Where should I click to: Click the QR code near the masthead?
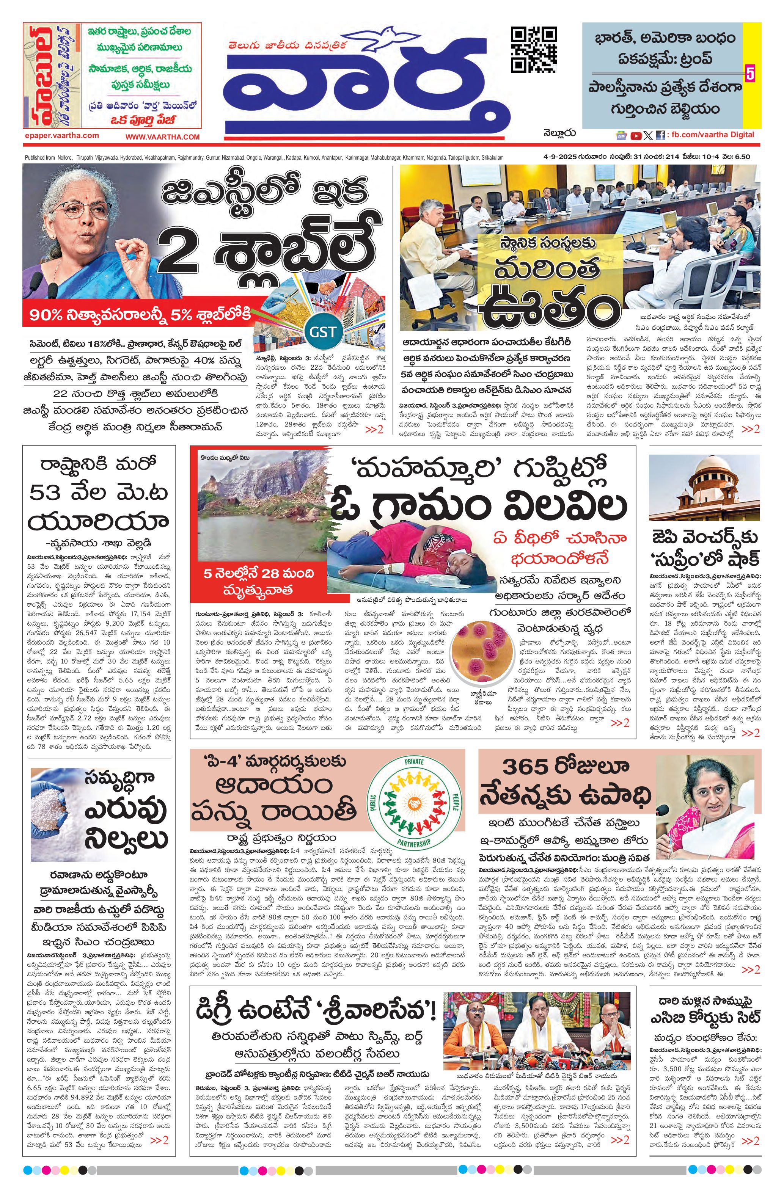pyautogui.click(x=534, y=49)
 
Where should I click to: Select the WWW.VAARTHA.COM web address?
pyautogui.click(x=162, y=136)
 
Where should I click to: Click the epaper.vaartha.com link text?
pyautogui.click(x=61, y=136)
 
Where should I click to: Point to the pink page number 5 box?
pyautogui.click(x=750, y=73)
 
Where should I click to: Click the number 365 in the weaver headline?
pyautogui.click(x=526, y=767)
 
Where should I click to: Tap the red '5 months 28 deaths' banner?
pyautogui.click(x=259, y=581)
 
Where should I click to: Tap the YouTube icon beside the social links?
pyautogui.click(x=636, y=135)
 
